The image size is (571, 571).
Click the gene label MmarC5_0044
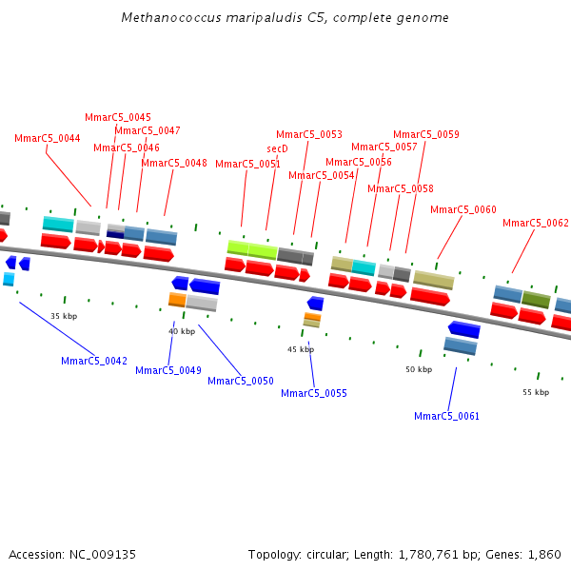47,139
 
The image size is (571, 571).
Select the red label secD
277,149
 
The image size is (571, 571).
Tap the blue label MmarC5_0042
94,362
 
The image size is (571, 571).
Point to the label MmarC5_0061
447,417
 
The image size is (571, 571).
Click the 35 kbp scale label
64,316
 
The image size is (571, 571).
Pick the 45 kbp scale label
301,349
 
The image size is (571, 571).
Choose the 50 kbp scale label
419,369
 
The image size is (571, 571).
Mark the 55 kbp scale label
536,392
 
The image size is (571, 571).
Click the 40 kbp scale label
182,331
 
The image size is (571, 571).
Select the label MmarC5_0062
536,224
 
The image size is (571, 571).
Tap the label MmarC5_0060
463,210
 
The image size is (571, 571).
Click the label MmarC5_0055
314,394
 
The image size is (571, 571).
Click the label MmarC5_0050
241,382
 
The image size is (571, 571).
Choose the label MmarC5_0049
168,371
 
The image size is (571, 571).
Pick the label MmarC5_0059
426,135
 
